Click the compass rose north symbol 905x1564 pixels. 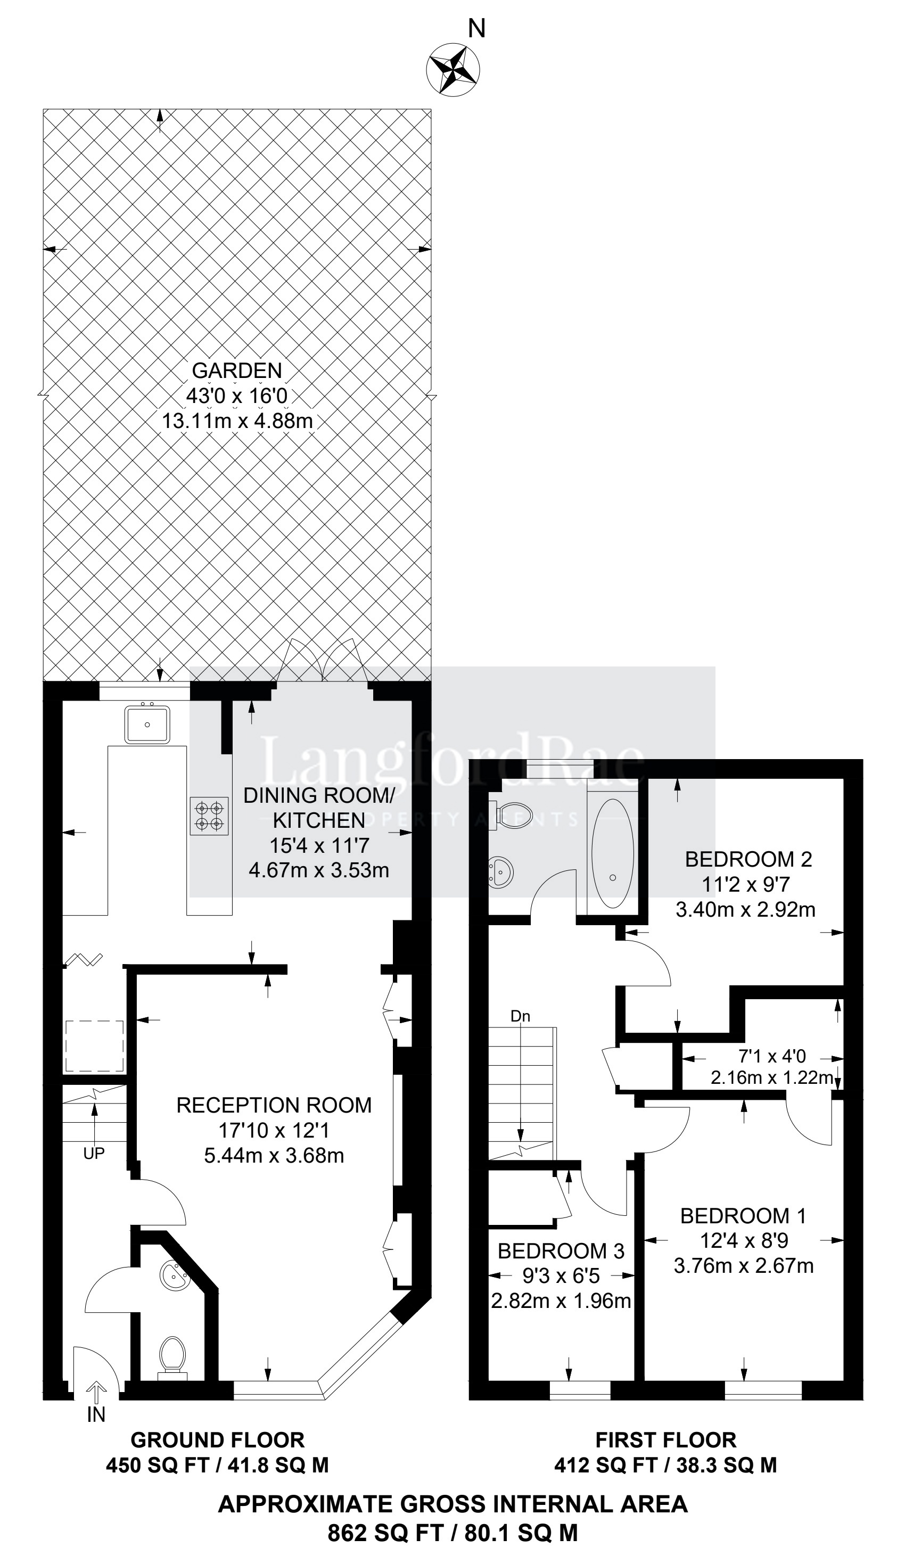(453, 68)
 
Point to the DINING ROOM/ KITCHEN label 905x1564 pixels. (319, 808)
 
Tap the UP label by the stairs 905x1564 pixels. (94, 1153)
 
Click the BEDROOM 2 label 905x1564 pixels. (748, 859)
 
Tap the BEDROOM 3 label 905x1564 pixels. (561, 1250)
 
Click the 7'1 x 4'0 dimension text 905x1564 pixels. (772, 1056)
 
